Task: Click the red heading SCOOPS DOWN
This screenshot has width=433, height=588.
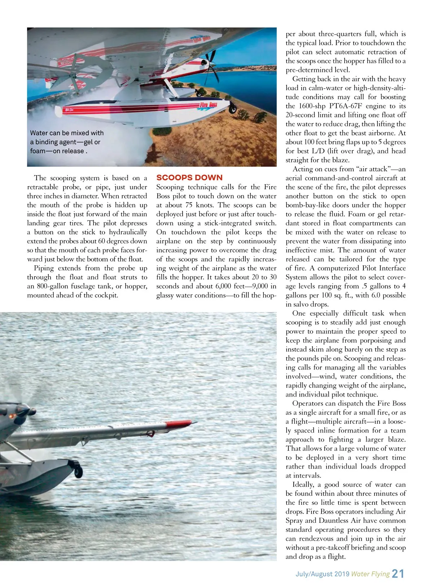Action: [x=189, y=178]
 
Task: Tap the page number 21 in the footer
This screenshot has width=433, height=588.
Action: [x=398, y=574]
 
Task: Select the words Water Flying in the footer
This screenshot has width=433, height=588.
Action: [x=370, y=574]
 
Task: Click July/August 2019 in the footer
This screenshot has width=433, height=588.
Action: [x=322, y=574]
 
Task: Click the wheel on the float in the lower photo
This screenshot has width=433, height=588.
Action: [x=78, y=469]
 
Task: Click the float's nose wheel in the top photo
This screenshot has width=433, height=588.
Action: [x=233, y=108]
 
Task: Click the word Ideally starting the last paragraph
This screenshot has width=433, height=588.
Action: [x=305, y=485]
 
